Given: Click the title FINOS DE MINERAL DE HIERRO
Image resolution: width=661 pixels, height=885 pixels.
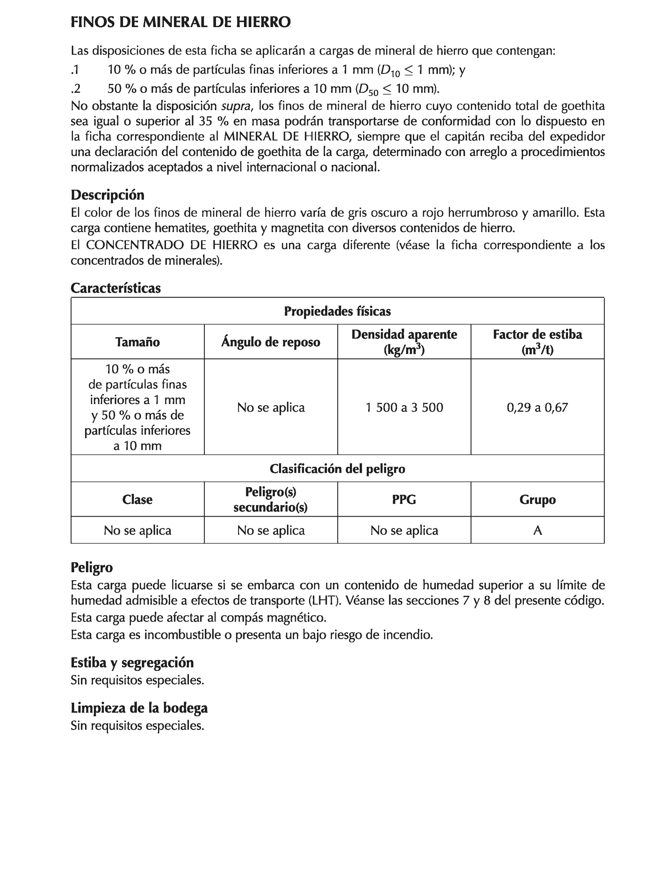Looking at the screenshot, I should [180, 22].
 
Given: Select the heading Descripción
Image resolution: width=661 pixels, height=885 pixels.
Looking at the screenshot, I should [107, 195].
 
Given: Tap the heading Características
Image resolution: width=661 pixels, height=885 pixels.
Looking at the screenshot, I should [116, 288].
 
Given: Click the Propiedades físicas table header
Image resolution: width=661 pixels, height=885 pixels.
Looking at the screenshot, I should [337, 311].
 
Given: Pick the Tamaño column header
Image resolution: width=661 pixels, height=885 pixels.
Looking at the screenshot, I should [138, 342].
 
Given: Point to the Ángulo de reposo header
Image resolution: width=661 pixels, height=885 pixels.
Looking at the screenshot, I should [271, 342].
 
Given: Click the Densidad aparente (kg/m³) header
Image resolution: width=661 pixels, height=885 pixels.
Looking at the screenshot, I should [404, 342].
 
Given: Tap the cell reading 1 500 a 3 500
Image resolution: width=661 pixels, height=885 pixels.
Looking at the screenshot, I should [404, 407].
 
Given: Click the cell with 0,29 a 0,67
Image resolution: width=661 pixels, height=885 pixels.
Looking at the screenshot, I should [537, 407].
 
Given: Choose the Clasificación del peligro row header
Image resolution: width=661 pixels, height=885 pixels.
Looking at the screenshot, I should [337, 469].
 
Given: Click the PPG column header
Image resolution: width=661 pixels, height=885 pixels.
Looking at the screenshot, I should [404, 499].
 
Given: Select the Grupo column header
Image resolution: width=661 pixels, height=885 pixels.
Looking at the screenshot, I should [537, 499].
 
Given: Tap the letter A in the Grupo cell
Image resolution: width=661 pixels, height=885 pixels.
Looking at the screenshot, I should [537, 530].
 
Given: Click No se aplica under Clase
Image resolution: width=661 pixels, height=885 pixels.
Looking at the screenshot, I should [138, 530].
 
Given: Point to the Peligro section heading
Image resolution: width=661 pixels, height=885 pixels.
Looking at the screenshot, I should [91, 567].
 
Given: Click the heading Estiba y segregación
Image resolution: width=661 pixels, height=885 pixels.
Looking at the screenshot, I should [132, 662].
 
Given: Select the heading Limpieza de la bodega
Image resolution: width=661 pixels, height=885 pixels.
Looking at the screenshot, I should [139, 708].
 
